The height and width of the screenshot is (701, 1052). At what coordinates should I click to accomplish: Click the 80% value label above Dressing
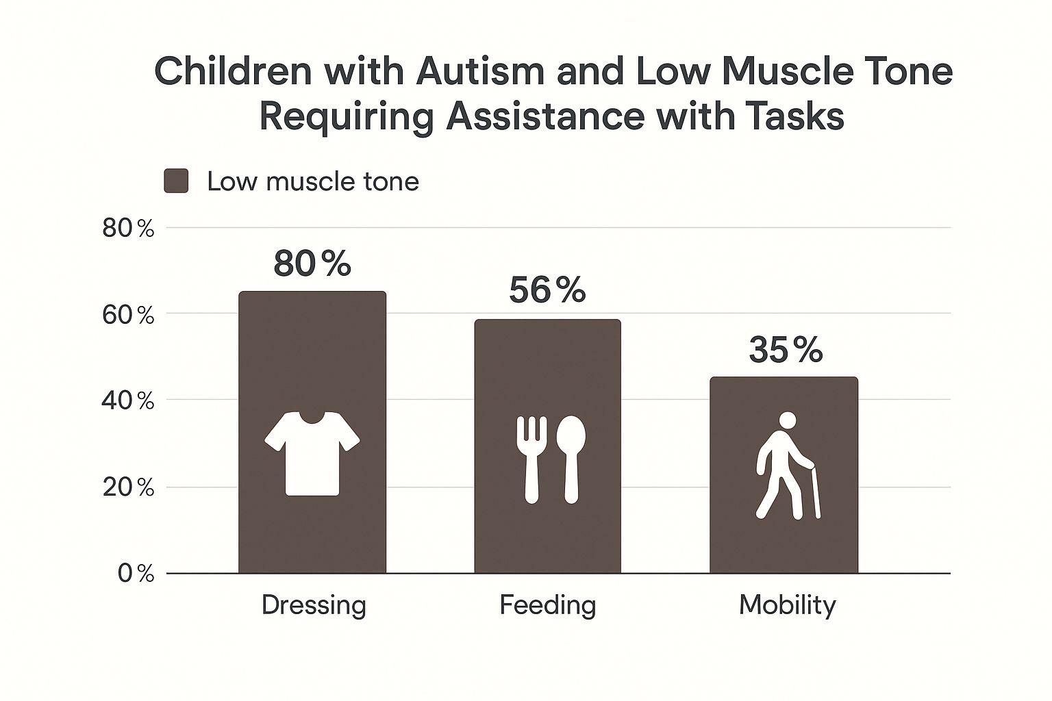pyautogui.click(x=312, y=264)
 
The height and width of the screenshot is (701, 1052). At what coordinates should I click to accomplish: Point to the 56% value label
pyautogui.click(x=548, y=291)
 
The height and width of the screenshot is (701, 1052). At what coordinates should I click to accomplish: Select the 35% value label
pyautogui.click(x=786, y=350)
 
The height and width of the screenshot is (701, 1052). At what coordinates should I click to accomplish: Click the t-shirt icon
pyautogui.click(x=312, y=453)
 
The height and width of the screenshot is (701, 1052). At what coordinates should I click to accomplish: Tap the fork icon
pyautogui.click(x=531, y=459)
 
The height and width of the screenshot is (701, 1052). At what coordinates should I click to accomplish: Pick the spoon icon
pyautogui.click(x=571, y=459)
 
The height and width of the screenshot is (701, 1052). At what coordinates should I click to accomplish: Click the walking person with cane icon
pyautogui.click(x=787, y=466)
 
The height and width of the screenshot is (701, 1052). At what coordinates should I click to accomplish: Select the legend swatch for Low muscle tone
pyautogui.click(x=176, y=181)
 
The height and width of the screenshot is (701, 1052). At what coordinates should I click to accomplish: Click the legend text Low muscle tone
pyautogui.click(x=313, y=181)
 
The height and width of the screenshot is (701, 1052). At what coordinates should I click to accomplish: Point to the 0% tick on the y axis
pyautogui.click(x=136, y=574)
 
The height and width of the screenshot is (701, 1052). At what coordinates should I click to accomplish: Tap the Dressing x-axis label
pyautogui.click(x=314, y=605)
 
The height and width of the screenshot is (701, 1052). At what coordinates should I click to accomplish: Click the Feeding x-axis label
pyautogui.click(x=548, y=605)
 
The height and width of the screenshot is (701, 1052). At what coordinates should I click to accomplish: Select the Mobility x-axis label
pyautogui.click(x=788, y=605)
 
